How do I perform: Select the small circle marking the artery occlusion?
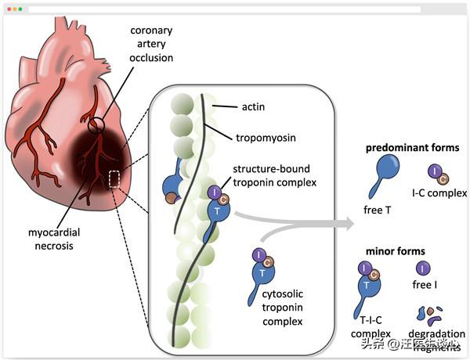click(x=95, y=123)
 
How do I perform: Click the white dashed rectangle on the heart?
click(x=114, y=179)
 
